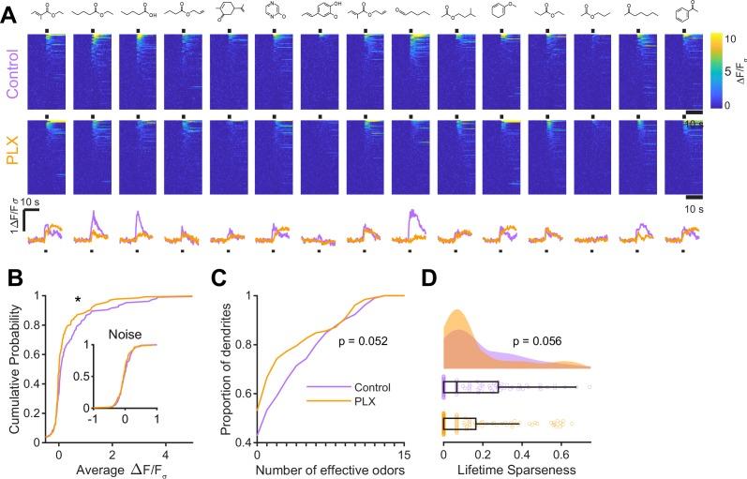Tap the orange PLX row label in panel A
[12, 155]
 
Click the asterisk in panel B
[80, 301]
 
